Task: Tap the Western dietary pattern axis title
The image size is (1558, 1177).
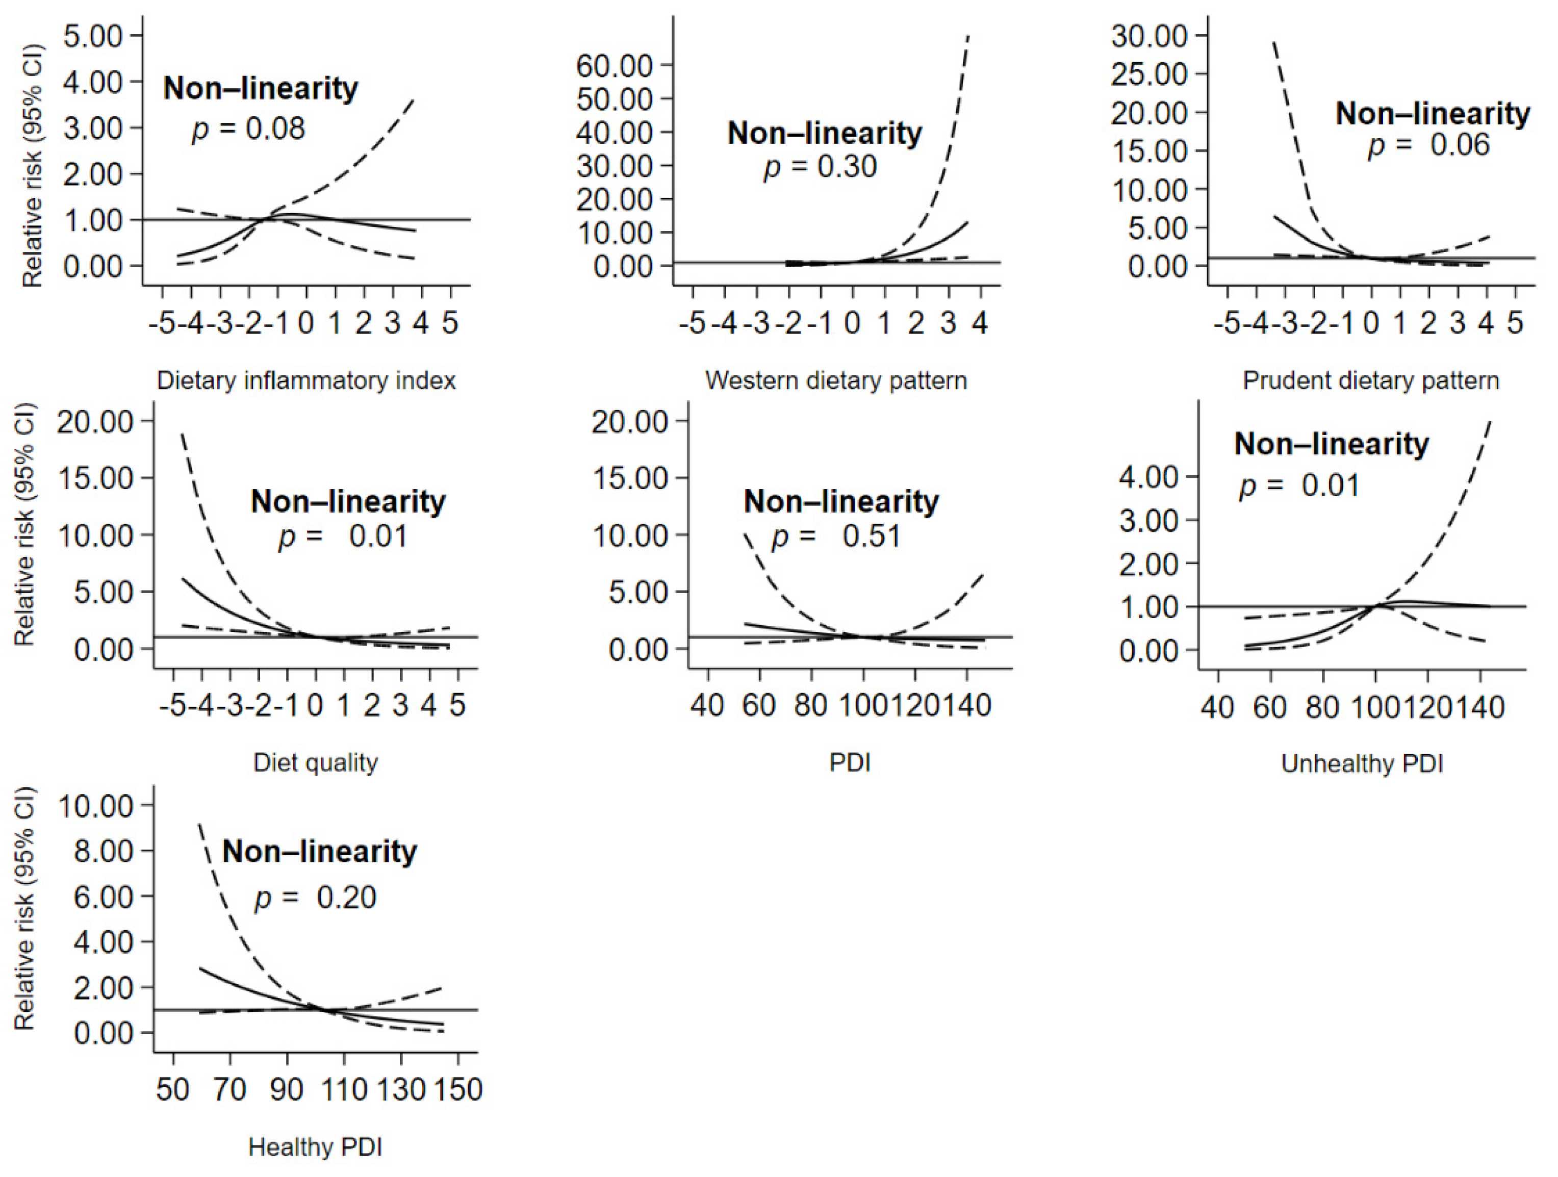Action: (836, 381)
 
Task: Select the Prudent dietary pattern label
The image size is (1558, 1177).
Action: (1371, 381)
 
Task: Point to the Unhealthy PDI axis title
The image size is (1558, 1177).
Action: (1362, 763)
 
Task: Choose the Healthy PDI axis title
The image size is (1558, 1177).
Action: (316, 1147)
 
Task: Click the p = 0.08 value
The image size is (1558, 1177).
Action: (248, 129)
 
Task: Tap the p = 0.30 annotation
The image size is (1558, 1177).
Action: (820, 167)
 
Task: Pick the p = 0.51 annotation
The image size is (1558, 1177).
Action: (836, 536)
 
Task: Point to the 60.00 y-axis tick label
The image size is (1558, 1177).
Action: (614, 65)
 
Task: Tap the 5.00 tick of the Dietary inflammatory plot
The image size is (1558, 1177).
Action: (92, 36)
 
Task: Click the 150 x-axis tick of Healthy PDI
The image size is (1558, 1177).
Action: (458, 1090)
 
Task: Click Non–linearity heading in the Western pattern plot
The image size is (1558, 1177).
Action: (824, 133)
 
